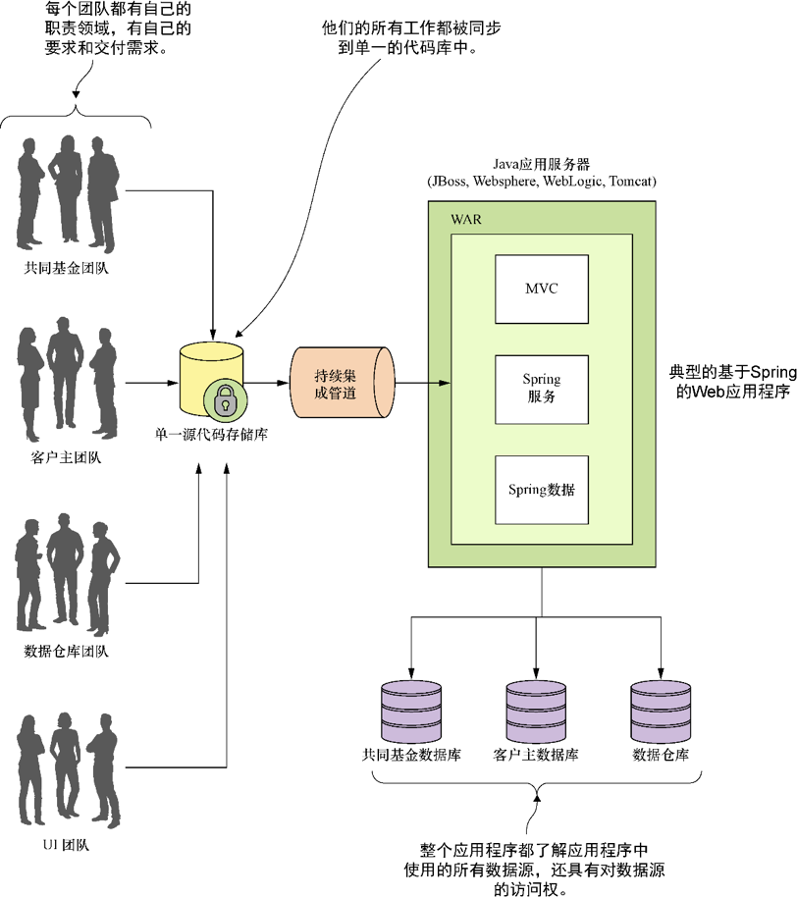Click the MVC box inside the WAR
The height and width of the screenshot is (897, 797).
click(x=542, y=289)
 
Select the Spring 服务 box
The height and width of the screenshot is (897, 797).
click(x=542, y=388)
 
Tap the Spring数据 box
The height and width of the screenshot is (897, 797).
click(x=542, y=489)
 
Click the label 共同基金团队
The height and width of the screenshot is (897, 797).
click(x=67, y=267)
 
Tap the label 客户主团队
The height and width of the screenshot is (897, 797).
click(x=67, y=457)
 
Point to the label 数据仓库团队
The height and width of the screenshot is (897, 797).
click(x=67, y=652)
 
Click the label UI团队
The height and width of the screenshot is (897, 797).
click(x=67, y=843)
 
